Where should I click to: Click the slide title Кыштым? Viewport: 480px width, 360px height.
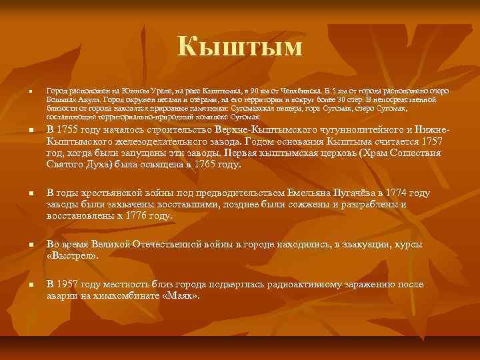point(240,47)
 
